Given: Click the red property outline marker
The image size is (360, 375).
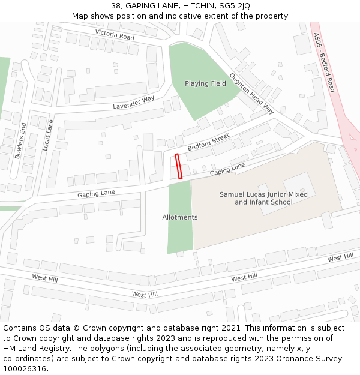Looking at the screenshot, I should (178, 166).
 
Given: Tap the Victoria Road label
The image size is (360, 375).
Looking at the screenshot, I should (115, 35).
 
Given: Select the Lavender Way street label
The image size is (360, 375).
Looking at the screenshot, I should (134, 103).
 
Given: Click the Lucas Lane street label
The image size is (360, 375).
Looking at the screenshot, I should (48, 135).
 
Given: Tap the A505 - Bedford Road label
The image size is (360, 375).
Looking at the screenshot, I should (324, 62).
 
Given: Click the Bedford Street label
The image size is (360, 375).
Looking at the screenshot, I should (208, 142).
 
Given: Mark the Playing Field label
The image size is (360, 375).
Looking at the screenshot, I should (205, 83).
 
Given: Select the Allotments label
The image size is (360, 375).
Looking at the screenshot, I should (179, 217).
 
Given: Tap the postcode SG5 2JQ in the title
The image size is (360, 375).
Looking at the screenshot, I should (236, 6).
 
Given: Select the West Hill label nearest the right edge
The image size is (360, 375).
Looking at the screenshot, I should (340, 257).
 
